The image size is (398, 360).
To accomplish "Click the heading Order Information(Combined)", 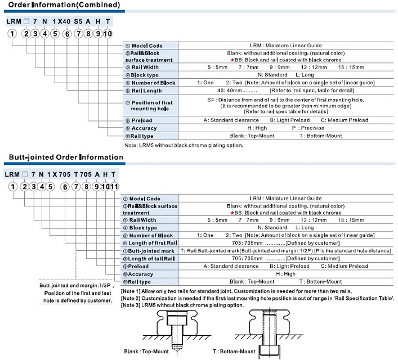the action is pos(64,5).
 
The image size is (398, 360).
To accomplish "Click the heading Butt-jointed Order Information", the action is pos(66,157).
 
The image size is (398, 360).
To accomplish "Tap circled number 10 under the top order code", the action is pos(108,34).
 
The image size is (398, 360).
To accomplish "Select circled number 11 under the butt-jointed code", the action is pos(114,187).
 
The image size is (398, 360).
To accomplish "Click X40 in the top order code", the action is pos(64,21).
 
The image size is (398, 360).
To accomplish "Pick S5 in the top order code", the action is pos(78,21).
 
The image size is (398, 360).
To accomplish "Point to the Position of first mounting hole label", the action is pos(149,106).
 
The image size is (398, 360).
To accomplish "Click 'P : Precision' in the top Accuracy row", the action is pos(308,128).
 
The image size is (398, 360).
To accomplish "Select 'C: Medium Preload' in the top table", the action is pos(345,120).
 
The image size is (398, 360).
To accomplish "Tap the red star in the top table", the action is pos(232,60).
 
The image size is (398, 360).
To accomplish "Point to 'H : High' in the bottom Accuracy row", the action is pos(286,274).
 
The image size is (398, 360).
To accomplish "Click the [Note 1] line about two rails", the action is pos(236,291).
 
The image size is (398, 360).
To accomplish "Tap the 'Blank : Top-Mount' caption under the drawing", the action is pos(146,352).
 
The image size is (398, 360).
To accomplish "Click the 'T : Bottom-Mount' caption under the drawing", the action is pos(234,352).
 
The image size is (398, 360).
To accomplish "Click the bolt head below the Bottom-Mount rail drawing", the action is pos(270,352).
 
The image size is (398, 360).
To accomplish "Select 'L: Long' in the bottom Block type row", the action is pos(305,228).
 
